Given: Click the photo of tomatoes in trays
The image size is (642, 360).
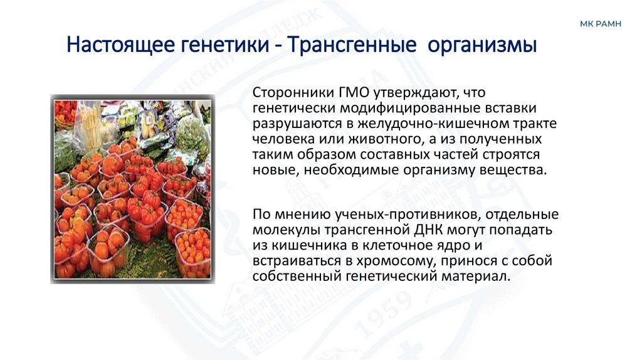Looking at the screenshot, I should [132, 188].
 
